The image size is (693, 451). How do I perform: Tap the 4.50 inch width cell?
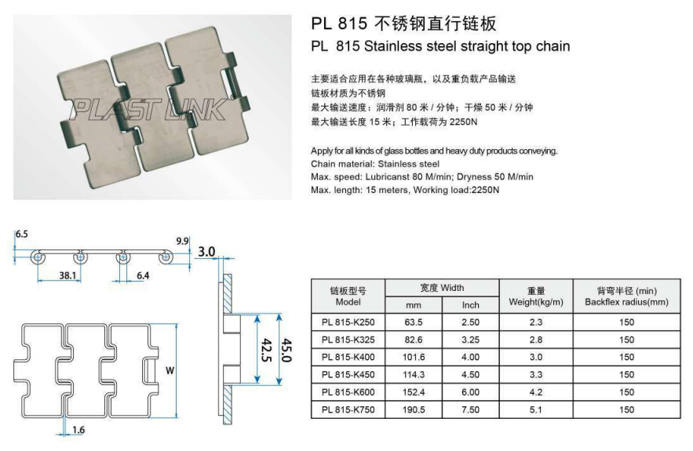470,375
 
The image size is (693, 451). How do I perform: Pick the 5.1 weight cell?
536,409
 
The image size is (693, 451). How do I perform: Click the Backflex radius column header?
626,296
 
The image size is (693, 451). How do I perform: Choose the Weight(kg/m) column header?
536,296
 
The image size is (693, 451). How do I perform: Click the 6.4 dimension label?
143,276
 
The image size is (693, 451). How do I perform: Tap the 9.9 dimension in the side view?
182,241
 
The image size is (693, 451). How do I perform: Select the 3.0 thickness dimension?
206,253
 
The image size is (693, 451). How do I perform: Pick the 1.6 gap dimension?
78,429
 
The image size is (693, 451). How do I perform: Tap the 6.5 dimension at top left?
21,234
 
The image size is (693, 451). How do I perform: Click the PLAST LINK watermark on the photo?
149,108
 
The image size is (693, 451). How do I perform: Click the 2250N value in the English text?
485,190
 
